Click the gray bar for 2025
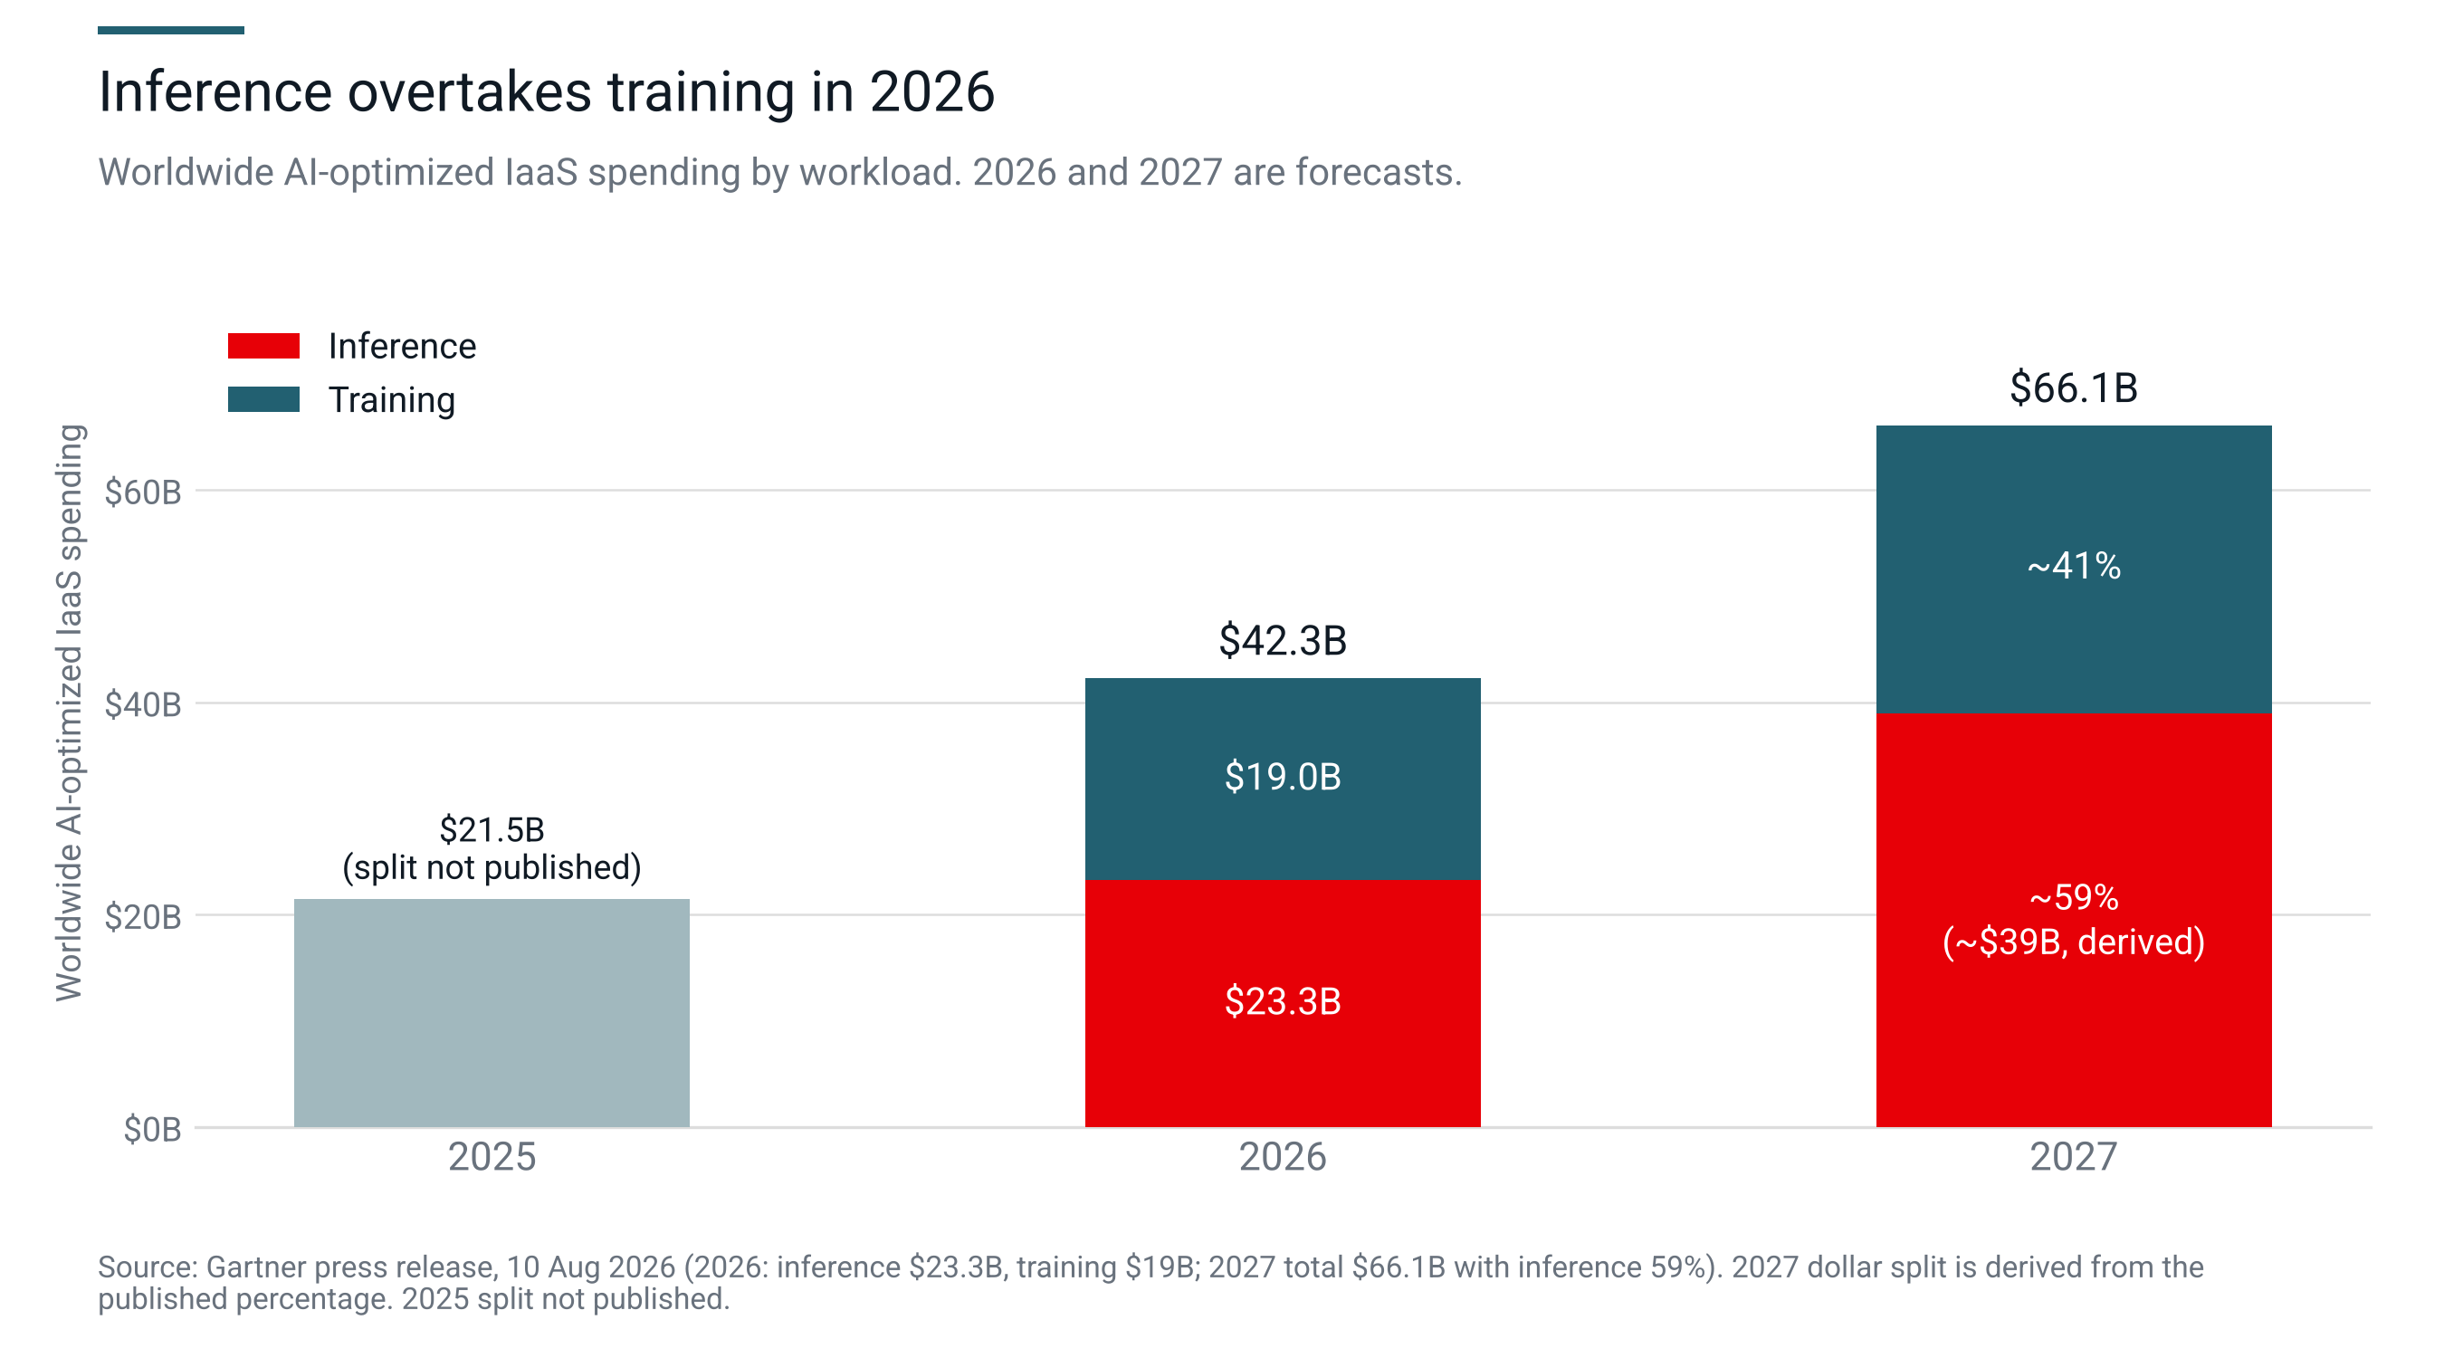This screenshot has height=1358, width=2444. [x=492, y=1012]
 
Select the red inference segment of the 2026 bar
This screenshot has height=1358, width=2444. [x=1283, y=1003]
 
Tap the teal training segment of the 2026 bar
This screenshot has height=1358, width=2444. [x=1283, y=779]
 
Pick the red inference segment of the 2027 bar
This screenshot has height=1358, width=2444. [x=2074, y=920]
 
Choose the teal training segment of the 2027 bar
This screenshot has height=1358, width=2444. [x=2074, y=569]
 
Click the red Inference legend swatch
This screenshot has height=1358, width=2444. [x=263, y=346]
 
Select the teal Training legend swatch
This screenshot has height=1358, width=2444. [x=263, y=399]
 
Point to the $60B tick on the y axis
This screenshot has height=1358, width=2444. [x=143, y=492]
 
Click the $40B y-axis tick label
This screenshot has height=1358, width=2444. [x=143, y=704]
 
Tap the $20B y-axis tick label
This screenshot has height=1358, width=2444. [x=143, y=917]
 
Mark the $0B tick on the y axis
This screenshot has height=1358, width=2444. [x=153, y=1129]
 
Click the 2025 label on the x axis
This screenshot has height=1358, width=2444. [x=492, y=1157]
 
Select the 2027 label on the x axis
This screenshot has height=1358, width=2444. [x=2074, y=1157]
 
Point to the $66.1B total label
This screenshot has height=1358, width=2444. [x=2074, y=388]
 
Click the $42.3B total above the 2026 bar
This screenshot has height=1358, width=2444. [x=1283, y=641]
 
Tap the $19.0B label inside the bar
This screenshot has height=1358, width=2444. [x=1283, y=776]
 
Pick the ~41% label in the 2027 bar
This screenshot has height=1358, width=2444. [x=2074, y=566]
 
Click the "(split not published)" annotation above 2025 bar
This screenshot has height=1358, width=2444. [x=492, y=867]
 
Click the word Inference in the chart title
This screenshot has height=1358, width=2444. [x=215, y=92]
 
